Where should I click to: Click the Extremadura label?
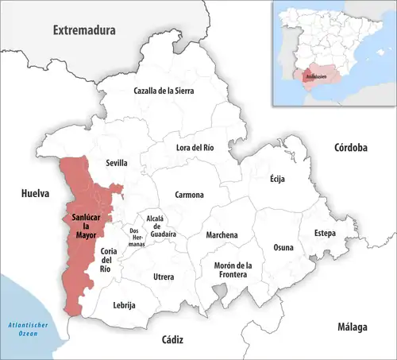(84, 30)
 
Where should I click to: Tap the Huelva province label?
(36, 193)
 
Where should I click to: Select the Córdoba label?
(350, 148)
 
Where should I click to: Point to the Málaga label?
(352, 327)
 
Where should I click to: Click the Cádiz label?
(172, 339)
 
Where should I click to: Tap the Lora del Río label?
(195, 147)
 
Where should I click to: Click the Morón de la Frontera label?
(232, 269)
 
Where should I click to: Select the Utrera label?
(164, 276)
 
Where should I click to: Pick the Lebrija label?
(124, 305)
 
